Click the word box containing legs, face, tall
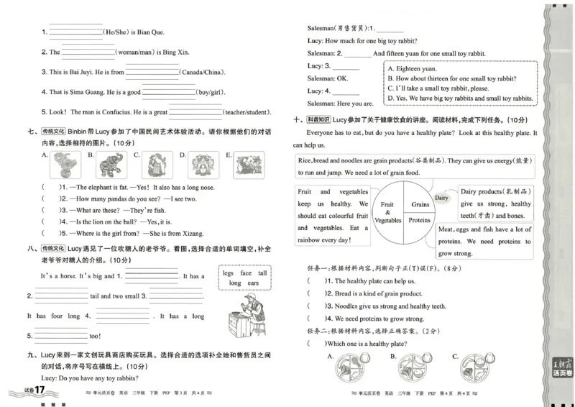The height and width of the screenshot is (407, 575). [x=244, y=278]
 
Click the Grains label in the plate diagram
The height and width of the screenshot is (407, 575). [x=420, y=206]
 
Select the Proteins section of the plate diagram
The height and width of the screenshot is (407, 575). [x=420, y=221]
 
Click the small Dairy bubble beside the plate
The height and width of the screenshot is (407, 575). [x=441, y=197]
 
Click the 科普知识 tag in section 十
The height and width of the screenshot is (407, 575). [x=318, y=120]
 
